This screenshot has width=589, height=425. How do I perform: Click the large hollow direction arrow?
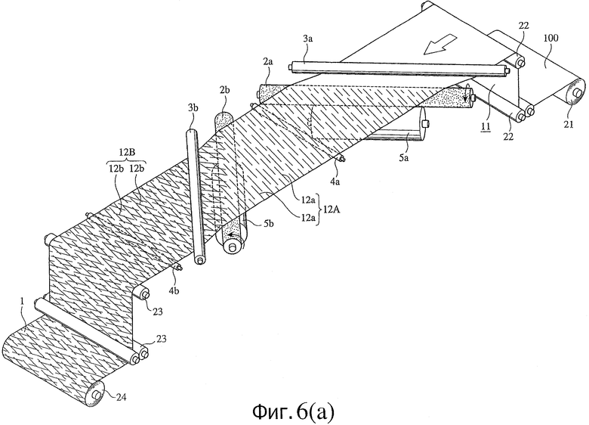coord(439,44)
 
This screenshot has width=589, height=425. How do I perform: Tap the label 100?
coord(551,38)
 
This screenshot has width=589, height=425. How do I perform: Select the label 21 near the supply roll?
coord(569,124)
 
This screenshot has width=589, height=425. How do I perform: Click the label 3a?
coord(307,39)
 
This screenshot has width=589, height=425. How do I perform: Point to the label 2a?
coord(268,63)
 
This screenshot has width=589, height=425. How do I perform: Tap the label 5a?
coord(403,158)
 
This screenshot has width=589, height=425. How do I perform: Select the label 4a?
coord(335,182)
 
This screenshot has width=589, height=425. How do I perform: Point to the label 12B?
coord(127,152)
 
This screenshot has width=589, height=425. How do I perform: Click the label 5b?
coord(268,223)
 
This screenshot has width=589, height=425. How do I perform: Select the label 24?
coord(121,396)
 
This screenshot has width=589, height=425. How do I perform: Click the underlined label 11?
coord(486,127)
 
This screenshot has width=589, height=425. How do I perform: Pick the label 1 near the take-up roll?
coord(22,301)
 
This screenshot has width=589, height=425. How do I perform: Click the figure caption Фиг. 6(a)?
coord(293,412)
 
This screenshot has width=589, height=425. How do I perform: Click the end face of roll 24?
coord(96,395)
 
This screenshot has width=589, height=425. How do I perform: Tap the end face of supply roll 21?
coord(575,92)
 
